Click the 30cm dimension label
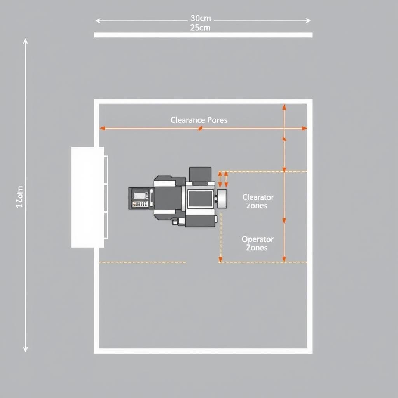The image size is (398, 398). [200, 18]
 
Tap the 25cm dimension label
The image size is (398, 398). [200, 28]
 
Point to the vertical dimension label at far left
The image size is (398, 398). [19, 197]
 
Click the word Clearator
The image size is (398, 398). [258, 197]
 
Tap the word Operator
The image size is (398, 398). [257, 239]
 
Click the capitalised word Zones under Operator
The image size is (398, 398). [257, 248]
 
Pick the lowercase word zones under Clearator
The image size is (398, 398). [257, 206]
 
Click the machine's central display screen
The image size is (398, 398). [200, 199]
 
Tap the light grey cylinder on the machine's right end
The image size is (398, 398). [222, 199]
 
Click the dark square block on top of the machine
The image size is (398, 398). [200, 175]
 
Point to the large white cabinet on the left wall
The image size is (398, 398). [87, 197]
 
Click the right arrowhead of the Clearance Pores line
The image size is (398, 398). [305, 128]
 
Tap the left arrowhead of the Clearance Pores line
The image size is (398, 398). [102, 128]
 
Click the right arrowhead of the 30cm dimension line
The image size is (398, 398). [308, 21]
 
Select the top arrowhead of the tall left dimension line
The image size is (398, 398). [25, 41]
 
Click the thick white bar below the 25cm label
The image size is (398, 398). [203, 35]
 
